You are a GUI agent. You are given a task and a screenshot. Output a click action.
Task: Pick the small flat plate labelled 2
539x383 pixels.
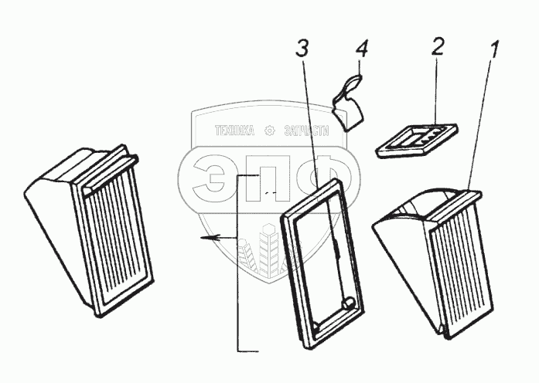418,141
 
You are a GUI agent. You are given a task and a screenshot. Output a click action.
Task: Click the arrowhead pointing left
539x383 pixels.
206,239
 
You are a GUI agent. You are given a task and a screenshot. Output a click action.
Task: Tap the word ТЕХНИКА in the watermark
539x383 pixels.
229,130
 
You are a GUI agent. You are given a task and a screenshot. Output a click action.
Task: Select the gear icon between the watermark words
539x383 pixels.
269,130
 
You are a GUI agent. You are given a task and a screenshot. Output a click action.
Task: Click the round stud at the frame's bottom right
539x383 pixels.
348,303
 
